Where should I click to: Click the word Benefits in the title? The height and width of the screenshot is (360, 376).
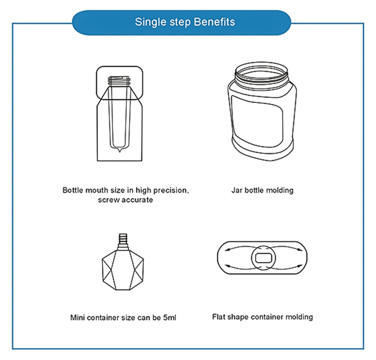point(214,22)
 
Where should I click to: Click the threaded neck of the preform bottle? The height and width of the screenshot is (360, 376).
point(120,80)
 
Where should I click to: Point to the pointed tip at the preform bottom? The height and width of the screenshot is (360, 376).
point(120,150)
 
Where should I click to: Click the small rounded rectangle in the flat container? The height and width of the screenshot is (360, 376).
point(263,258)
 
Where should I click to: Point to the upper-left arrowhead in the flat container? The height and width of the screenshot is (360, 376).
point(227,250)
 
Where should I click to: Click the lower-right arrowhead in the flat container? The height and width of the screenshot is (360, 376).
point(300,266)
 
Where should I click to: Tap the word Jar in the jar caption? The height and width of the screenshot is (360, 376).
point(237,190)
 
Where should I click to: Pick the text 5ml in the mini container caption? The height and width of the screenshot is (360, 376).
point(170,317)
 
